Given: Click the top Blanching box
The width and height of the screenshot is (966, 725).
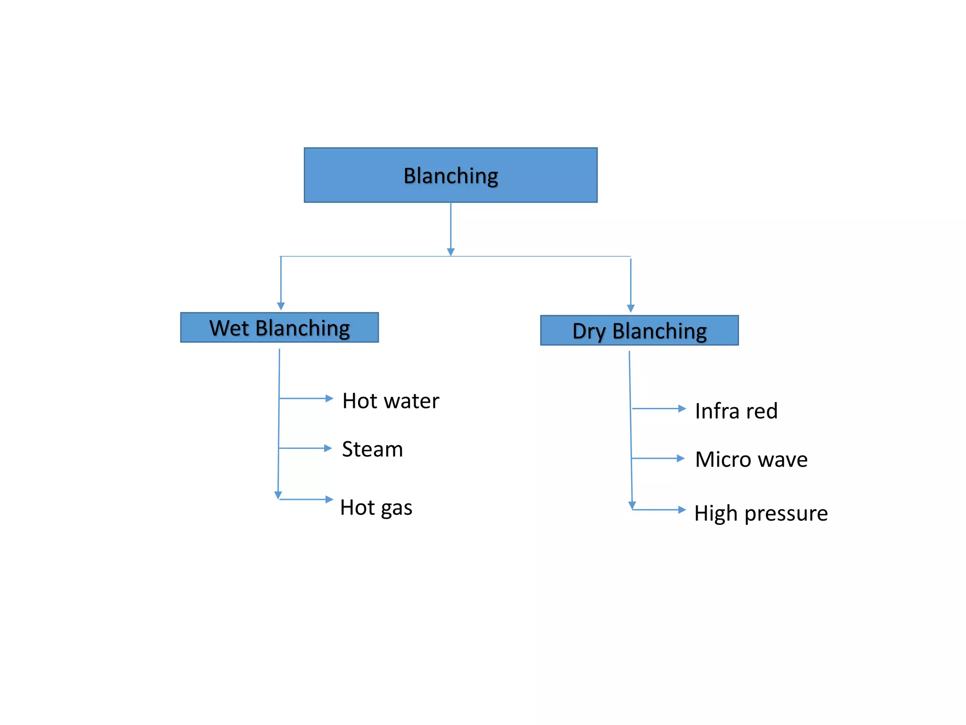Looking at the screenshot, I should pyautogui.click(x=450, y=175).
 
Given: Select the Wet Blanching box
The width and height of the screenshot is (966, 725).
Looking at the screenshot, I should pyautogui.click(x=279, y=328).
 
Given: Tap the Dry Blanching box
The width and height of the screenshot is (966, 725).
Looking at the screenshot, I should pyautogui.click(x=639, y=330).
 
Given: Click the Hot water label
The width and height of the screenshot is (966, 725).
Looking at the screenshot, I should pyautogui.click(x=391, y=401).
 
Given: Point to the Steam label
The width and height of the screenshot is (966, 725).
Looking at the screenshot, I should pyautogui.click(x=372, y=449).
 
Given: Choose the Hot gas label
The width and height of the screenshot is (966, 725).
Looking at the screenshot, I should pyautogui.click(x=376, y=508).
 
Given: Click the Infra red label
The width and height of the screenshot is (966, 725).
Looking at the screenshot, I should pyautogui.click(x=736, y=411).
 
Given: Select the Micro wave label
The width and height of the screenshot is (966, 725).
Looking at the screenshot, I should pyautogui.click(x=751, y=460).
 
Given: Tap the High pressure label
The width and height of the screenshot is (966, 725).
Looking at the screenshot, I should pyautogui.click(x=761, y=514).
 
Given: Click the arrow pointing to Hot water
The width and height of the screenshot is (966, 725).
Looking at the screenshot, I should pyautogui.click(x=307, y=399).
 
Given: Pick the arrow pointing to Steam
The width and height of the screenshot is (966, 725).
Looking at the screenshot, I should pyautogui.click(x=306, y=448).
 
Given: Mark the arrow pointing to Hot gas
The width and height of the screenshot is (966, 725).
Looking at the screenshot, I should pyautogui.click(x=307, y=499).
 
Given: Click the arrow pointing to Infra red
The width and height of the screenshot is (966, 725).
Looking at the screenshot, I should pyautogui.click(x=659, y=409).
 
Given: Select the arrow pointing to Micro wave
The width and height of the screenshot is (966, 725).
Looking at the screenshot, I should pyautogui.click(x=658, y=458).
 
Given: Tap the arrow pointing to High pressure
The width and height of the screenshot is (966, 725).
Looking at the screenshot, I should pyautogui.click(x=659, y=510).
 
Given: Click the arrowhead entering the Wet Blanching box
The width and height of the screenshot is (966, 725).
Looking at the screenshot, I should pyautogui.click(x=281, y=306).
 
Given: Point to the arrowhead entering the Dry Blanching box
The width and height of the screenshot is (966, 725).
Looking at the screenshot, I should pyautogui.click(x=631, y=309).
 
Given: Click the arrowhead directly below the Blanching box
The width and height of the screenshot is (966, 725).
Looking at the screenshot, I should pyautogui.click(x=450, y=252).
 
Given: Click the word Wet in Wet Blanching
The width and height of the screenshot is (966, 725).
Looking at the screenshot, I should pyautogui.click(x=229, y=328).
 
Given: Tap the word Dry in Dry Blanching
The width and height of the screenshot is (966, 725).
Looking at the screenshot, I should pyautogui.click(x=589, y=331).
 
